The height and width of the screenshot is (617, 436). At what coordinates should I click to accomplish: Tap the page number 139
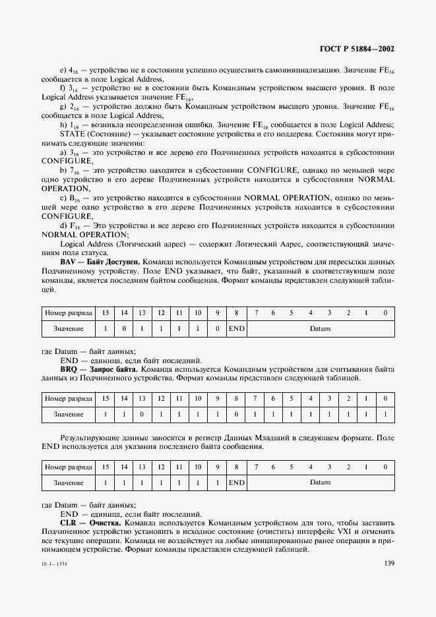coord(389,562)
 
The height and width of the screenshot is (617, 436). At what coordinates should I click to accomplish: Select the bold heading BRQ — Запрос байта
coord(90,370)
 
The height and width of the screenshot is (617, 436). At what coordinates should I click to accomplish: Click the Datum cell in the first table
coord(320,328)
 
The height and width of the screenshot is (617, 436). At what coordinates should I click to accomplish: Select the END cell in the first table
coord(236,328)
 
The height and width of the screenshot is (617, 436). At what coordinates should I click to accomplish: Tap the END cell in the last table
coord(236,483)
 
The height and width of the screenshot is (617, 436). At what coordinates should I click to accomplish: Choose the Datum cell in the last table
coord(320,483)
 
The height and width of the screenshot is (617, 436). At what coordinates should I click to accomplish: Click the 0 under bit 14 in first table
coord(123,328)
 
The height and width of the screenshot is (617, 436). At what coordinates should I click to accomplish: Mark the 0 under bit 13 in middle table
coord(142,414)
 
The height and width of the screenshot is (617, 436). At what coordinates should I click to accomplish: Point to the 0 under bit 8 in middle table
coord(236,414)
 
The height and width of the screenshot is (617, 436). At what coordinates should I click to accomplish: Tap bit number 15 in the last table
coord(105,466)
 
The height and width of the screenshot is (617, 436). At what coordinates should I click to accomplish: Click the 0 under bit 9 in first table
coord(217,328)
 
